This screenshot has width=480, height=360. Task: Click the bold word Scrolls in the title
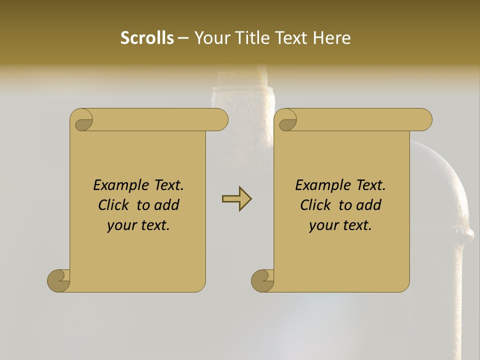[147, 37]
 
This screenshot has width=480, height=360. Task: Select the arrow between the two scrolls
[236, 199]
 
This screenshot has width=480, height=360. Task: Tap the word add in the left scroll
[167, 205]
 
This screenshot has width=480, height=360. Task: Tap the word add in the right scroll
[369, 205]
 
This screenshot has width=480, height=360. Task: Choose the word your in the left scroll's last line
[120, 226]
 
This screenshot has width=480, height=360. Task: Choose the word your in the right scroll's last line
[322, 226]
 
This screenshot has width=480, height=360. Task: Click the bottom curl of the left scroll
[58, 280]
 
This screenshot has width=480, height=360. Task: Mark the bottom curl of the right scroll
[262, 280]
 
